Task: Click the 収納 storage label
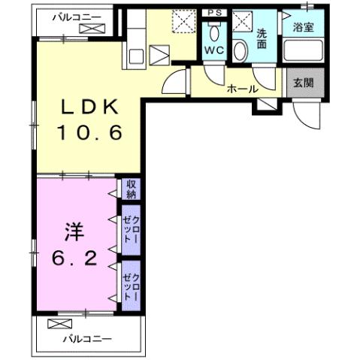coord(131,189)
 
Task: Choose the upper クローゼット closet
coord(131,228)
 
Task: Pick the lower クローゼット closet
coord(131,284)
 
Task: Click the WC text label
coord(213,50)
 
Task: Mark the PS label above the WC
coord(214,13)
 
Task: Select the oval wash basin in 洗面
coord(240,50)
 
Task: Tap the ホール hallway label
coord(242,89)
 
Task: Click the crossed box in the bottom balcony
coord(58,324)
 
